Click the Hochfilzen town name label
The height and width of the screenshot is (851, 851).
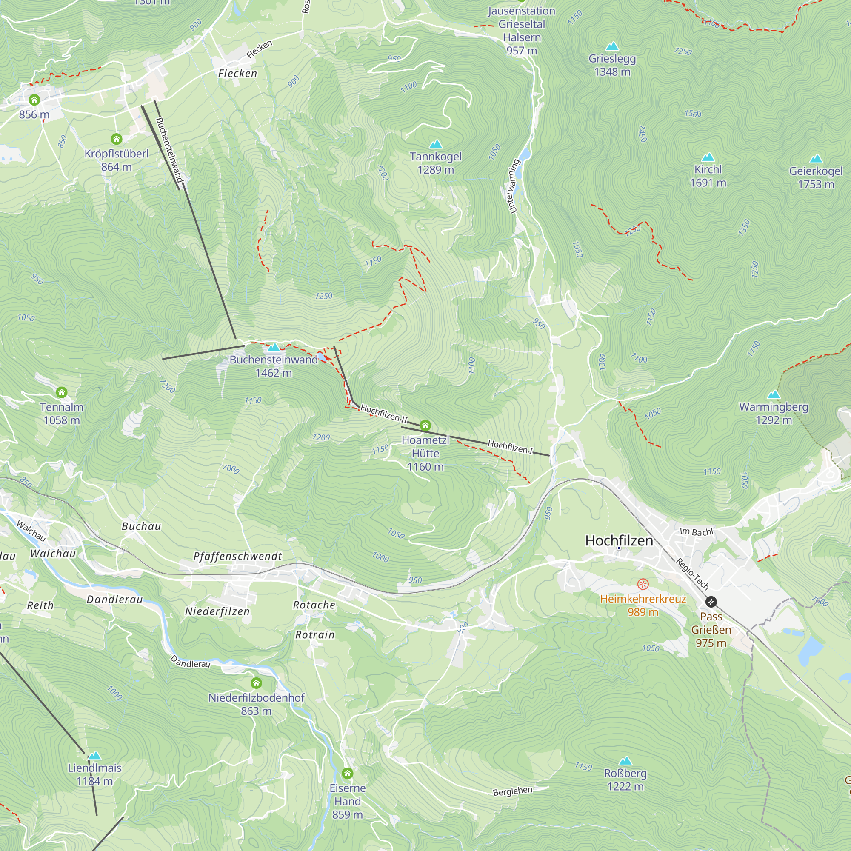tap(619, 540)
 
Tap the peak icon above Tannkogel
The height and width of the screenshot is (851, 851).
tap(436, 144)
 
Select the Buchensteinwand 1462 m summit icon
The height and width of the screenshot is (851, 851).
tap(274, 348)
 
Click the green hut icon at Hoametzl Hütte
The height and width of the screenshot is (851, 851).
tap(425, 425)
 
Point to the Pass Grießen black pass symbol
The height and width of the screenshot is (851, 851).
tap(711, 602)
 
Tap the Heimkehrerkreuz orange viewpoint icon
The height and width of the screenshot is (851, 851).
tap(643, 585)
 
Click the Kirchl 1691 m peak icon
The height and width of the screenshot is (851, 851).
tap(708, 157)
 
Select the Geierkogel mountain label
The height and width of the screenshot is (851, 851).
tap(816, 171)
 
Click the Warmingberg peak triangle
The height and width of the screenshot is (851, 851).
tap(774, 394)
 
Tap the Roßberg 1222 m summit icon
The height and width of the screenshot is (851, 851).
tap(625, 761)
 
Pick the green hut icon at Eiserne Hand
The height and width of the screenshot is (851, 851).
tap(348, 774)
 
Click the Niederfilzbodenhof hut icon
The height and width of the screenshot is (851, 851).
tap(256, 683)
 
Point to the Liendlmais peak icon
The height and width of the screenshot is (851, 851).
tap(95, 756)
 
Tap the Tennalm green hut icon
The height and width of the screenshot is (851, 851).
tap(62, 392)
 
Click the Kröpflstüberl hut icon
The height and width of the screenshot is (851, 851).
tap(116, 139)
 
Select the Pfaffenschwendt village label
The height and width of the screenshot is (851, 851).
tap(237, 556)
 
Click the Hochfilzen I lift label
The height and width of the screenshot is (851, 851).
tap(510, 447)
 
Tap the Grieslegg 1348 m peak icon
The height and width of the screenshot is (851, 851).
tap(612, 46)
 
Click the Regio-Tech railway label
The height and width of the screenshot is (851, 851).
tap(692, 574)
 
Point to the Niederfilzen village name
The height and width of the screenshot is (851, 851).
tap(217, 611)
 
